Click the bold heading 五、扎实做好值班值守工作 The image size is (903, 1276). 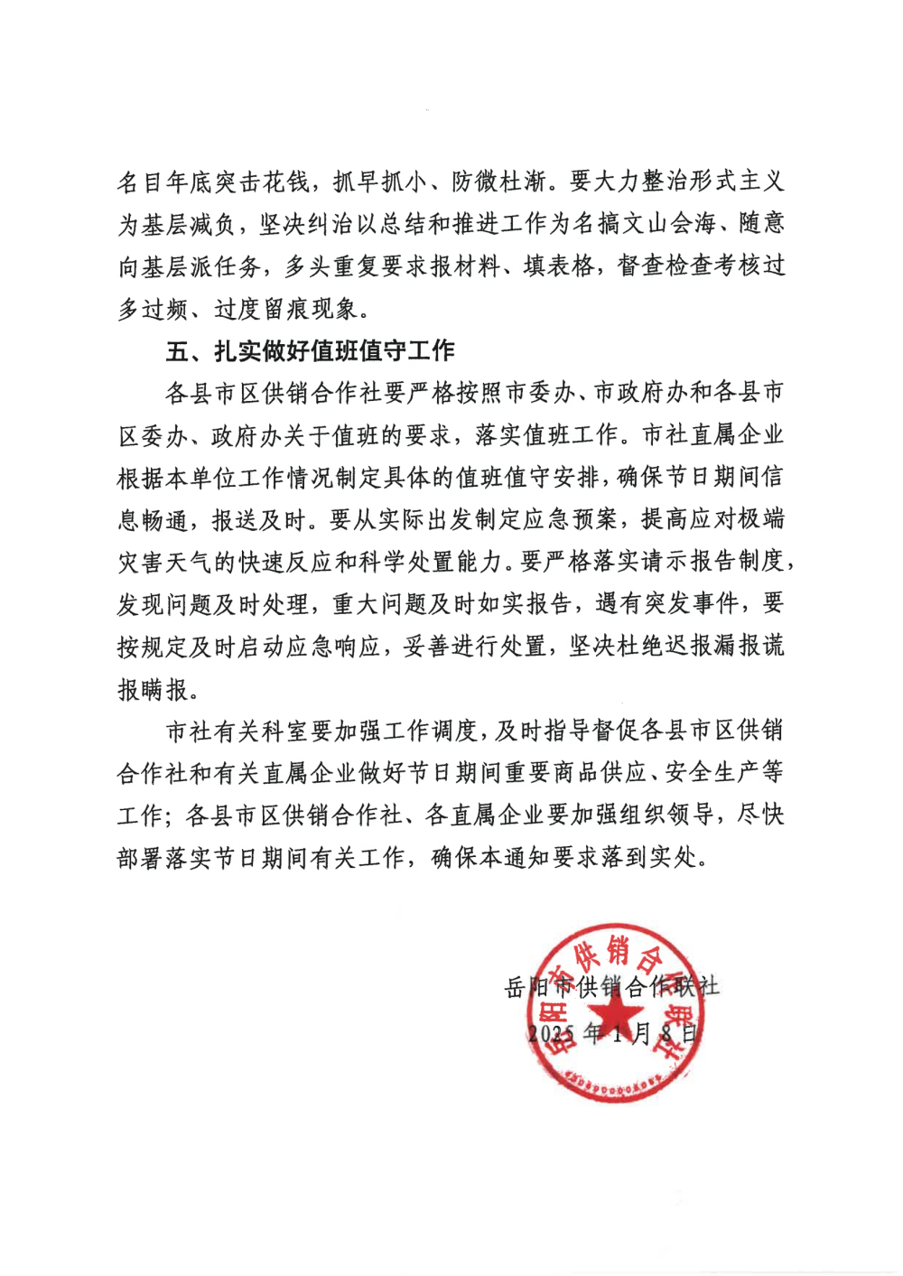(x=310, y=351)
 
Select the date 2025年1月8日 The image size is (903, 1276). (x=613, y=1033)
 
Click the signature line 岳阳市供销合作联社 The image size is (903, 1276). (x=611, y=986)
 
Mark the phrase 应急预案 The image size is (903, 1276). (x=574, y=519)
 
